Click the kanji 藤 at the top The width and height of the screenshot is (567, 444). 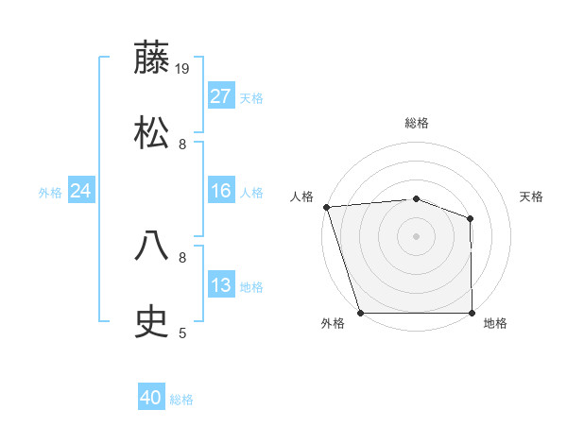click(152, 58)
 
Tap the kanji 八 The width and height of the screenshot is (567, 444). click(152, 247)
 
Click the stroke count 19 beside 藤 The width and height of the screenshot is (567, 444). click(183, 69)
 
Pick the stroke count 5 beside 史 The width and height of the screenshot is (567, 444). click(182, 333)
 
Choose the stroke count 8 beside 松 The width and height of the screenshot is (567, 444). click(182, 145)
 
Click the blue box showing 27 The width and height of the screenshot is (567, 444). click(220, 96)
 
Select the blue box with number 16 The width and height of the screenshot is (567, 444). click(220, 191)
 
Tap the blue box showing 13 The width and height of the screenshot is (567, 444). click(220, 285)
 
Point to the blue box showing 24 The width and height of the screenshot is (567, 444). click(81, 191)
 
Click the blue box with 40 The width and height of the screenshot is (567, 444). click(151, 399)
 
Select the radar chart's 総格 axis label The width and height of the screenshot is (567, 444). click(417, 123)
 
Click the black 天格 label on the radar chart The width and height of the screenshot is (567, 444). click(532, 196)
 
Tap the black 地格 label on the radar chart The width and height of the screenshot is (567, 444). click(495, 324)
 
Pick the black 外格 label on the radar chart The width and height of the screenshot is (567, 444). click(333, 324)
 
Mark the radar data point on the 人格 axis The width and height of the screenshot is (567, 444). click(326, 207)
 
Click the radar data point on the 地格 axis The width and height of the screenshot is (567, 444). click(472, 313)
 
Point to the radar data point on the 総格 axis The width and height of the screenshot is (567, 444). click(416, 198)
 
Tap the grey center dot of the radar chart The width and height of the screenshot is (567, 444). click(416, 236)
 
